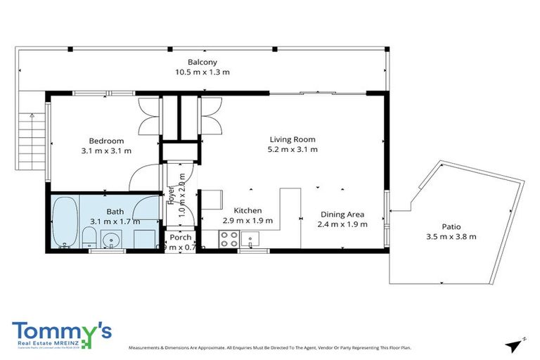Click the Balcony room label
[x=202, y=62]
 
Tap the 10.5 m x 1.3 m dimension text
[x=202, y=72]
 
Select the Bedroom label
[x=106, y=140]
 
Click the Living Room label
[x=292, y=139]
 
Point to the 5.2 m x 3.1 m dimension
[x=292, y=149]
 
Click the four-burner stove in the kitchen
[x=229, y=240]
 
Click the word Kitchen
[x=247, y=210]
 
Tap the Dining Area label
[x=342, y=214]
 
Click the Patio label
[x=451, y=226]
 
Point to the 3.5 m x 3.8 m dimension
[x=451, y=236]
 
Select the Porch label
[x=180, y=237]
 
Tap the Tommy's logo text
[x=62, y=331]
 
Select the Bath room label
[x=115, y=212]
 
